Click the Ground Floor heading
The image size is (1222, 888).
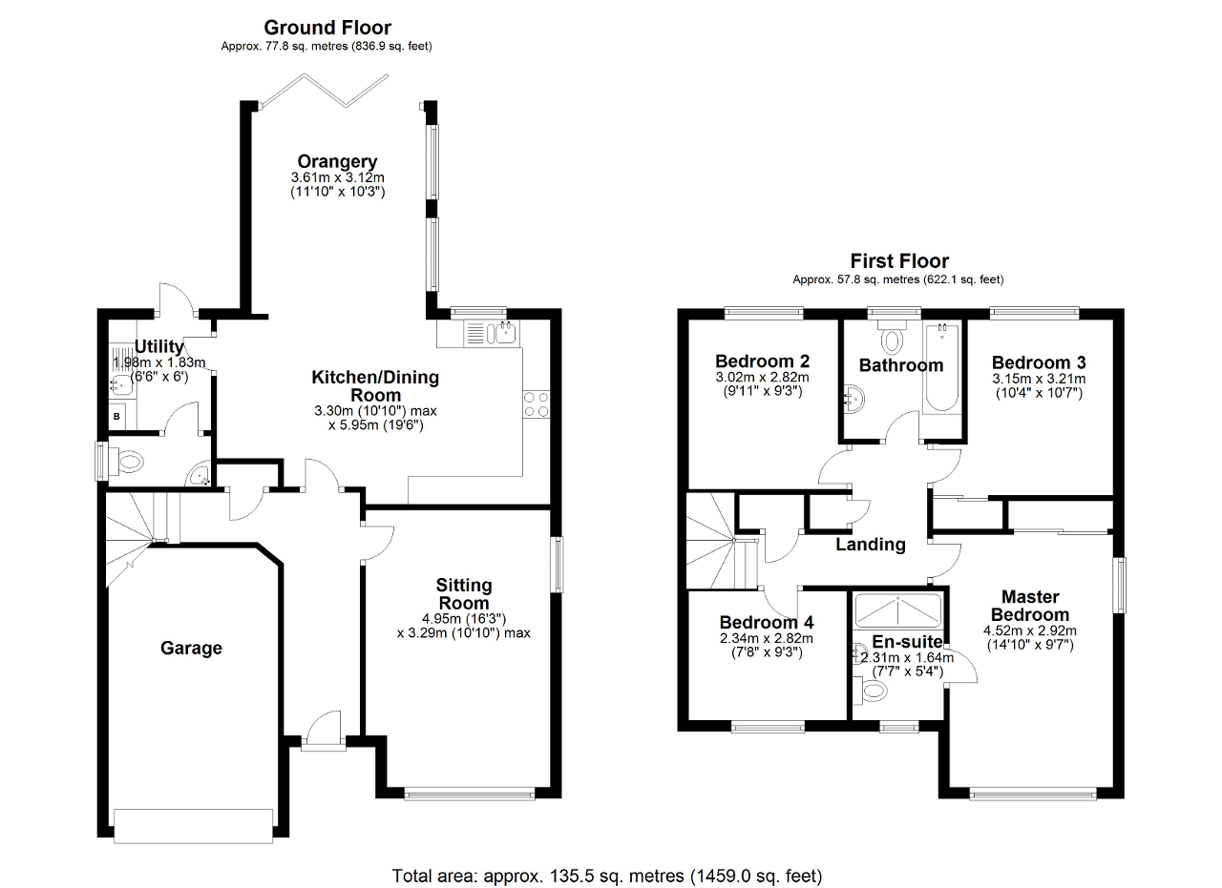coord(327,28)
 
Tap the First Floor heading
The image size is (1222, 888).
coord(899,261)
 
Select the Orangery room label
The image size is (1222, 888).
coord(336,161)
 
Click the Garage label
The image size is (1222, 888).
coord(191,649)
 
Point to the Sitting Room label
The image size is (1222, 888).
coord(463,594)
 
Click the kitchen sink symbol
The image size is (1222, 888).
coord(502,333)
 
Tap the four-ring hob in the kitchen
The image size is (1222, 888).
coord(536,404)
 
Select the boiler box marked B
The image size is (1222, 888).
coord(117,417)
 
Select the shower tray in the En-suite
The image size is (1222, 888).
coord(897,609)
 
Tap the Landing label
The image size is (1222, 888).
coord(870,545)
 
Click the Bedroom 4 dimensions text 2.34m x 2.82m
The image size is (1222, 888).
coord(766,639)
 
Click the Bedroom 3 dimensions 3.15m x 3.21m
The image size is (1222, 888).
coord(1039,379)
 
